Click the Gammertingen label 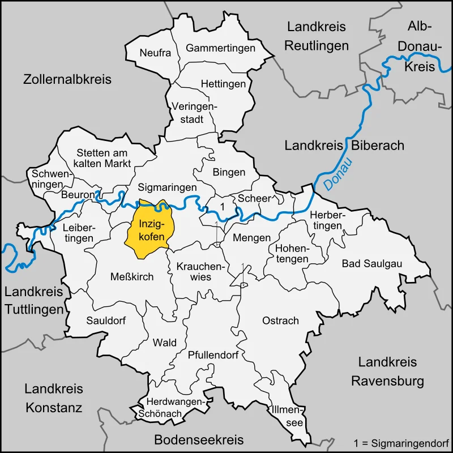pyautogui.click(x=220, y=48)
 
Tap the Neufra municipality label pyautogui.click(x=155, y=53)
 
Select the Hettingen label pyautogui.click(x=223, y=84)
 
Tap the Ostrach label pyautogui.click(x=280, y=320)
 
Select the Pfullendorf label pyautogui.click(x=213, y=355)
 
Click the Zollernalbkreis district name pyautogui.click(x=67, y=79)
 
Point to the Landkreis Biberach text pyautogui.click(x=344, y=146)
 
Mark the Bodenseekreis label pyautogui.click(x=199, y=439)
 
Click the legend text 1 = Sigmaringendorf pyautogui.click(x=401, y=441)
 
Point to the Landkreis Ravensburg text pyautogui.click(x=387, y=371)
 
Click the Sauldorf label pyautogui.click(x=106, y=320)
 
